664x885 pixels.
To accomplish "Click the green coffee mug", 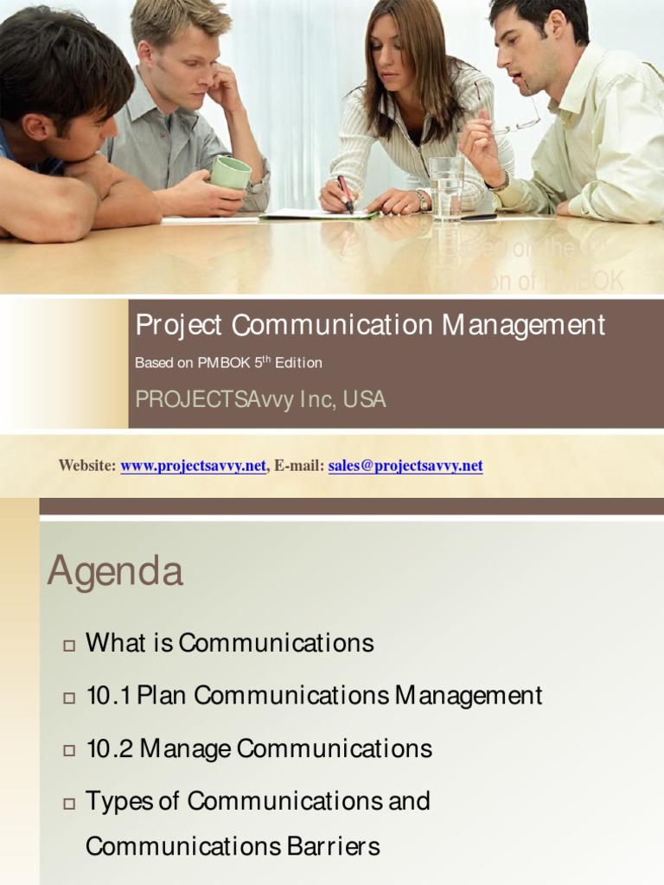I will point(230,173).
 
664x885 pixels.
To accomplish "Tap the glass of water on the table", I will point(446,188).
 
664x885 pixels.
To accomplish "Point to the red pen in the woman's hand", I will point(345,193).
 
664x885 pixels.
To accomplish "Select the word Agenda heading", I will point(115,571).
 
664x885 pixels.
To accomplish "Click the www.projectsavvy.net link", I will point(193,466).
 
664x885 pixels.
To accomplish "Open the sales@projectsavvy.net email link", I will point(405,466).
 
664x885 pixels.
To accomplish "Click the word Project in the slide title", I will point(179,326).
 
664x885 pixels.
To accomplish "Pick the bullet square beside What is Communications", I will point(69,645).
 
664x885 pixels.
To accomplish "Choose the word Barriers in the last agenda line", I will point(335,846).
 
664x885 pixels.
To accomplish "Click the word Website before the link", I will point(86,466).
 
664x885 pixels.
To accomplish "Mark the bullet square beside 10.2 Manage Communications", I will point(69,749).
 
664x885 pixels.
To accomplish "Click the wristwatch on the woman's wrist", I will point(422,200).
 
